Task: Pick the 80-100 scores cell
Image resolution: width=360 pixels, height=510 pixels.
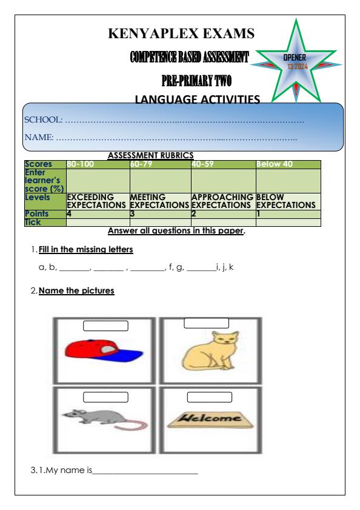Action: pos(97,164)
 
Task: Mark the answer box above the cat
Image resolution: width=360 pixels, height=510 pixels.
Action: pos(206,323)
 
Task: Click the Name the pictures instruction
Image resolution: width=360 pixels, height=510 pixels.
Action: pos(76,291)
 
